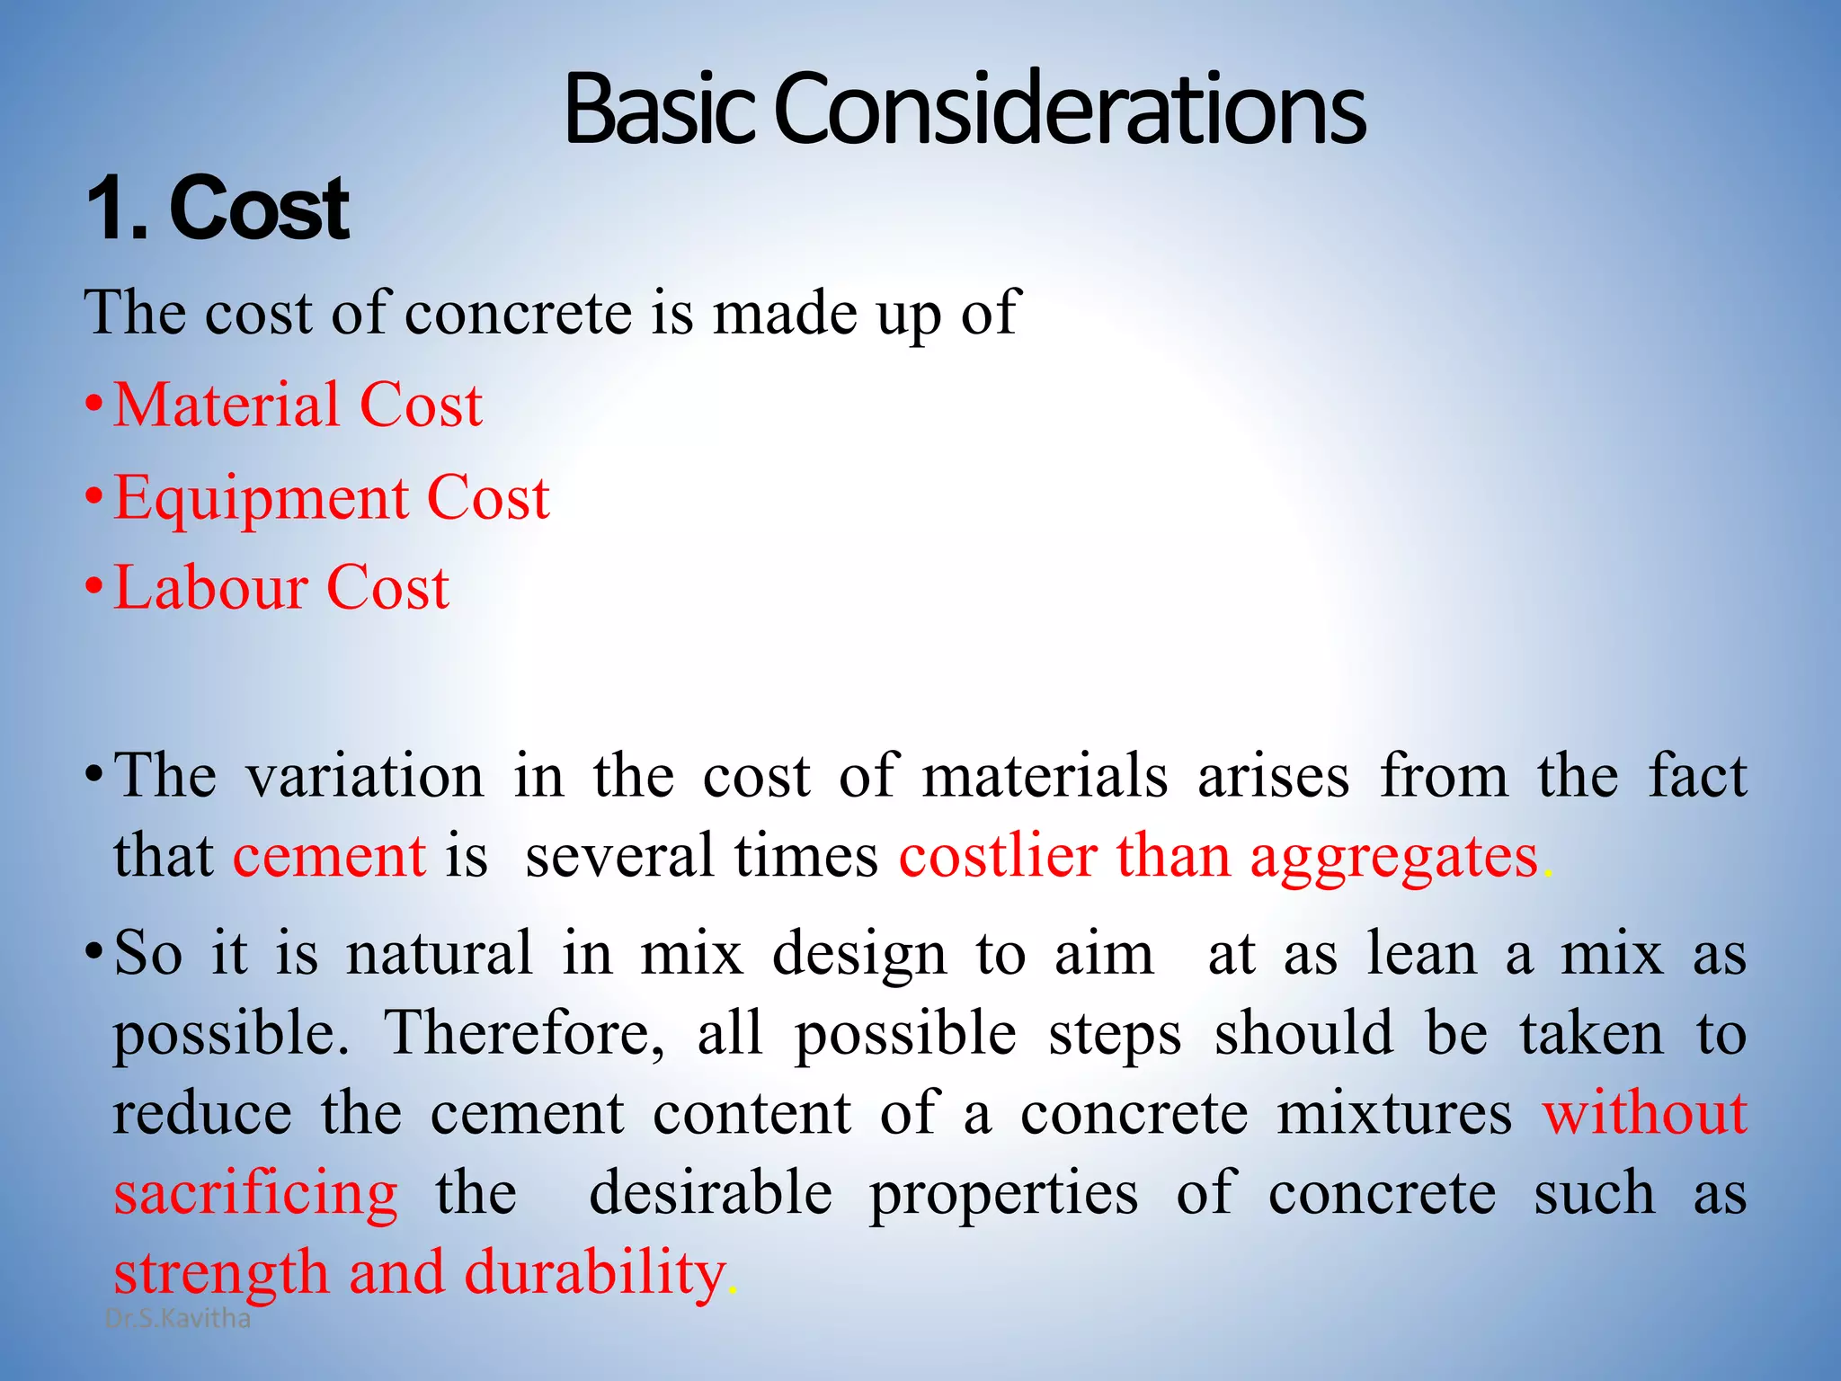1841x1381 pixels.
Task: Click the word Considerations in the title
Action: (x=1070, y=110)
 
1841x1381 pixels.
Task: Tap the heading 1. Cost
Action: (x=218, y=209)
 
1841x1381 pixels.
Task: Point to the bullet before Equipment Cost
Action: (x=94, y=496)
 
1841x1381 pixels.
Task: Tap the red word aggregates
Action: (x=1394, y=857)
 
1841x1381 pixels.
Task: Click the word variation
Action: (x=365, y=776)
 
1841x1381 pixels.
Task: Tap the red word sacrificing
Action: (x=255, y=1194)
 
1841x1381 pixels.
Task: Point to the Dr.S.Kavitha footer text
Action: (x=178, y=1319)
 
